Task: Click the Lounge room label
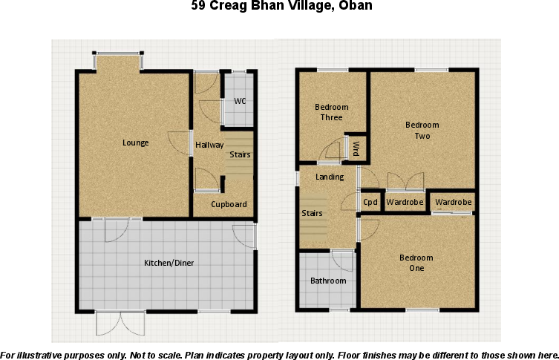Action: pos(136,143)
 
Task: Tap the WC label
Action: pos(240,101)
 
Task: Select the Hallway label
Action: pos(209,145)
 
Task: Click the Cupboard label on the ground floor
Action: pos(228,204)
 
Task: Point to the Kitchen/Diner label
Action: pos(169,262)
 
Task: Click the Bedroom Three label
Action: pos(331,112)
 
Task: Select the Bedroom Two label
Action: pos(422,130)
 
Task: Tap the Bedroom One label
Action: pos(416,263)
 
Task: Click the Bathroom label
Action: pos(328,281)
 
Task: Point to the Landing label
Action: pos(330,177)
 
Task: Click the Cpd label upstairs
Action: pos(370,202)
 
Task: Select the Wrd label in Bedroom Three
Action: pos(356,148)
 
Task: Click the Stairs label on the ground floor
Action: pos(240,154)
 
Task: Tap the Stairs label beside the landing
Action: pos(311,214)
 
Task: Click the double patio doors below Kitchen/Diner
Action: pos(119,322)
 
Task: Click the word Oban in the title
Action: pos(355,7)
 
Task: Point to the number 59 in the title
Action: pos(198,7)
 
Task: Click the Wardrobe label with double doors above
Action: pos(405,202)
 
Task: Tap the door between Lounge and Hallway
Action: pos(179,142)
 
